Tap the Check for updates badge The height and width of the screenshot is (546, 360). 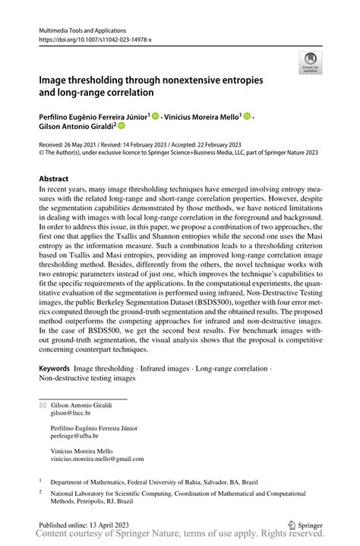310,62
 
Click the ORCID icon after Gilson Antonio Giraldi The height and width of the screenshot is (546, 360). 120,127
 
